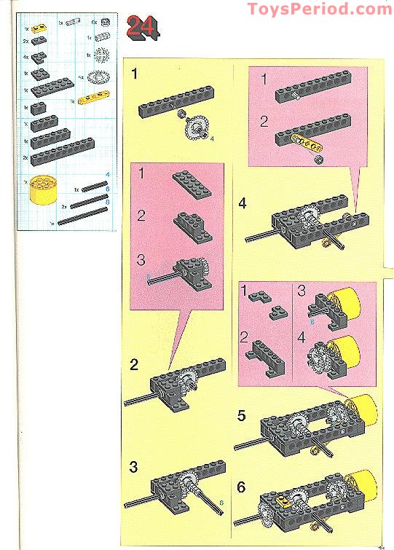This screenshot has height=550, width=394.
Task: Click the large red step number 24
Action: coord(143,27)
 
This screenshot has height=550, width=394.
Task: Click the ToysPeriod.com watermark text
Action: coord(319,9)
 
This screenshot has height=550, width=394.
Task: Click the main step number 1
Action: coord(135,73)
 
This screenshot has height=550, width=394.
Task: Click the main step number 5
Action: coord(242,417)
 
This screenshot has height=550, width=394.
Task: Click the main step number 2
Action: coord(134,364)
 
